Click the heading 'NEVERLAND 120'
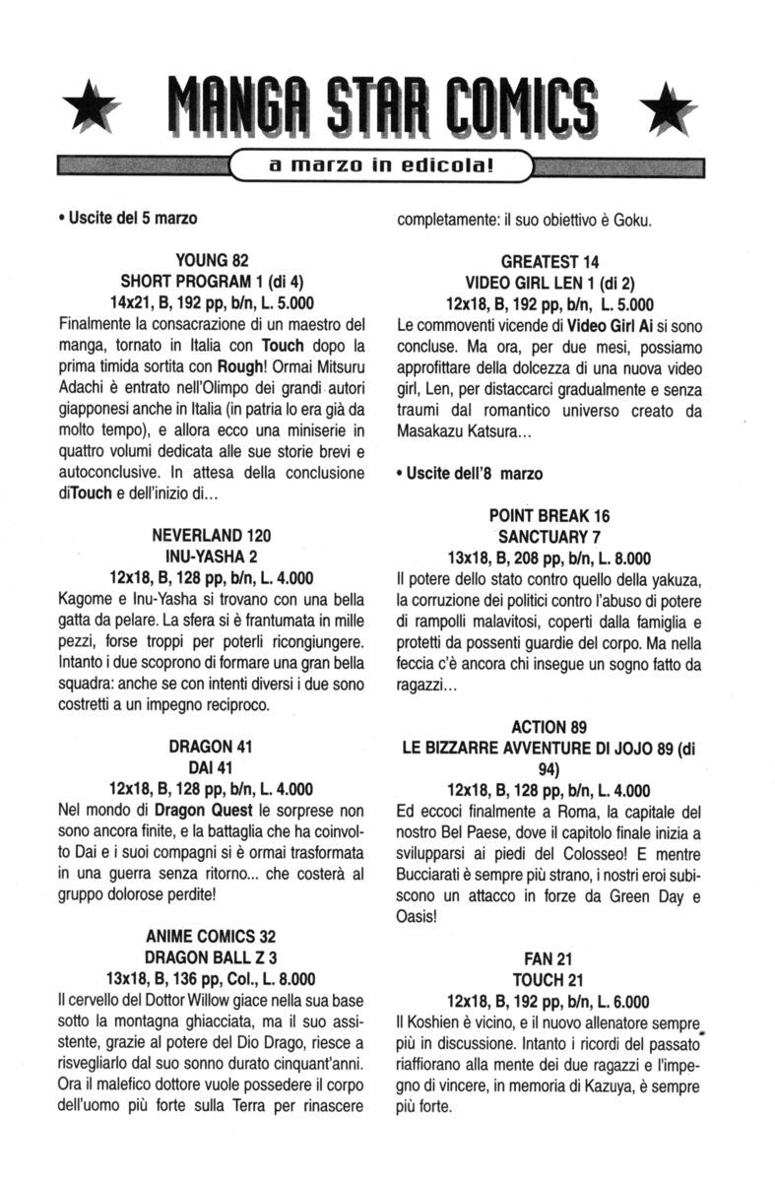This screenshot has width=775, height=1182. [x=212, y=536]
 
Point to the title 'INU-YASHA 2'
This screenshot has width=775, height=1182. [x=212, y=557]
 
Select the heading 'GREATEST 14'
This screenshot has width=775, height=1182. [x=550, y=261]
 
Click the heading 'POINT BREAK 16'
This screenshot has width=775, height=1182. [x=550, y=516]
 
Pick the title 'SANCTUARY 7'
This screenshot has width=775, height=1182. [x=550, y=537]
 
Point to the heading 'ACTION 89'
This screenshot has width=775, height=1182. [x=550, y=727]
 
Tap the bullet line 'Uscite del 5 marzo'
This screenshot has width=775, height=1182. [x=127, y=218]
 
